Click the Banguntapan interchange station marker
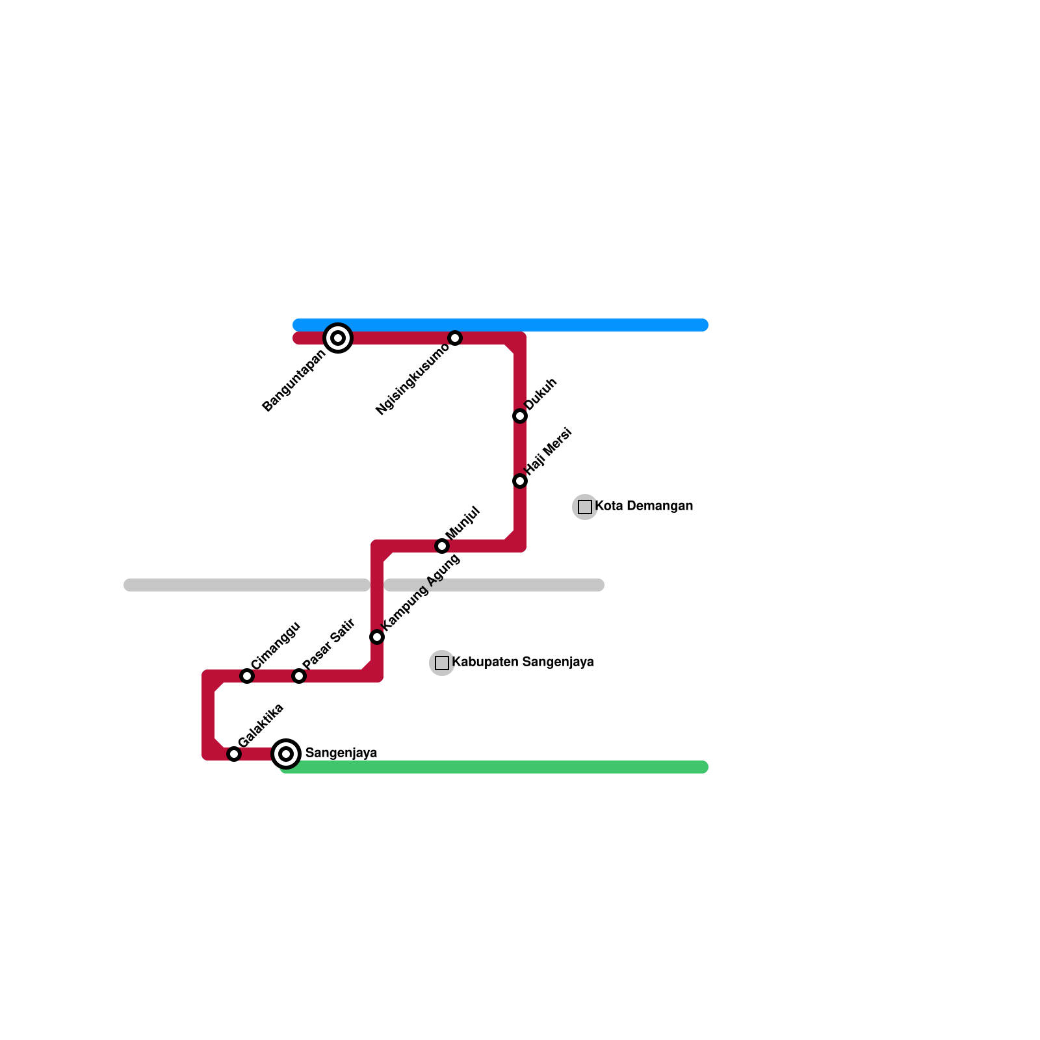(x=338, y=338)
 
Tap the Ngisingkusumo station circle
(x=455, y=338)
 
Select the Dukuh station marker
(x=520, y=416)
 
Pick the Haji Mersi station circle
(x=520, y=481)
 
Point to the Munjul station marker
(x=442, y=546)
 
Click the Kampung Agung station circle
(x=377, y=637)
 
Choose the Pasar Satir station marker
(x=299, y=676)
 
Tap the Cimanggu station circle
(x=247, y=676)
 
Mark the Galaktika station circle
(x=234, y=754)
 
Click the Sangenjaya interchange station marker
(x=286, y=754)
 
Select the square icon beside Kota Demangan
(x=585, y=507)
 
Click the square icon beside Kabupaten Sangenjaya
(x=442, y=663)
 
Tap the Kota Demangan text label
(x=643, y=506)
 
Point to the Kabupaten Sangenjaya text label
(x=523, y=662)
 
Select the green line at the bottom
(x=494, y=767)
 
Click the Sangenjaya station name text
(x=341, y=753)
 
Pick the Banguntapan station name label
(x=294, y=382)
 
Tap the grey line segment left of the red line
(x=247, y=585)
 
